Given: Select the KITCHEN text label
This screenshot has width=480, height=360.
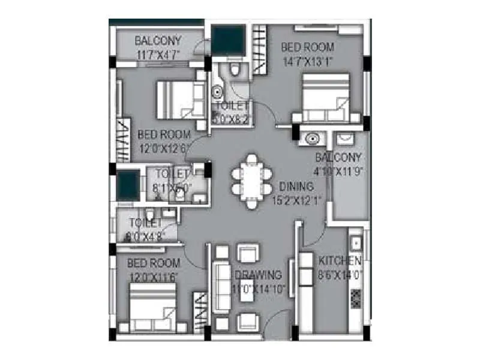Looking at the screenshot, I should point(339,260).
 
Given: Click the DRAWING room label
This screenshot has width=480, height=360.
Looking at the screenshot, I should point(258,275).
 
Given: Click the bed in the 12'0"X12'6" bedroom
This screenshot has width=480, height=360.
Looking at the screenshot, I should point(179,100).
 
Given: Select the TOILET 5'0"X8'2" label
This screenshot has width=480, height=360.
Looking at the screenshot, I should point(232,113).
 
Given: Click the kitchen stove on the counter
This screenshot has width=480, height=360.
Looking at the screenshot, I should point(355,298).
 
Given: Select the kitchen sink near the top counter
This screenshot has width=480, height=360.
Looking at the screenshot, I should point(356,244).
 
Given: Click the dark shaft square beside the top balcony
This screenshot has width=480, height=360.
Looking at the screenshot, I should point(228,40).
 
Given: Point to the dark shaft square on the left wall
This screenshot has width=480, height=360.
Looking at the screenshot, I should point(128,185).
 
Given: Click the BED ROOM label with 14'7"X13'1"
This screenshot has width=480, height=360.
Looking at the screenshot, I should point(307,53).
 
